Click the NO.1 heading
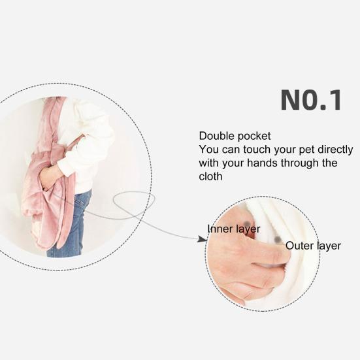tap(311, 100)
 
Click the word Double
tap(217, 136)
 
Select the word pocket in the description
tap(254, 137)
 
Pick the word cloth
tap(210, 176)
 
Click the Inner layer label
tap(233, 229)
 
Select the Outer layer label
tap(313, 246)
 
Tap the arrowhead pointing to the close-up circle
tap(203, 238)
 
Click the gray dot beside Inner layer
tap(247, 223)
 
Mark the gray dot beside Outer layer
tap(278, 240)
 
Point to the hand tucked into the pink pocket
tap(50, 177)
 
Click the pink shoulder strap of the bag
tap(50, 122)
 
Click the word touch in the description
tap(257, 150)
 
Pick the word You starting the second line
tap(209, 150)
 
